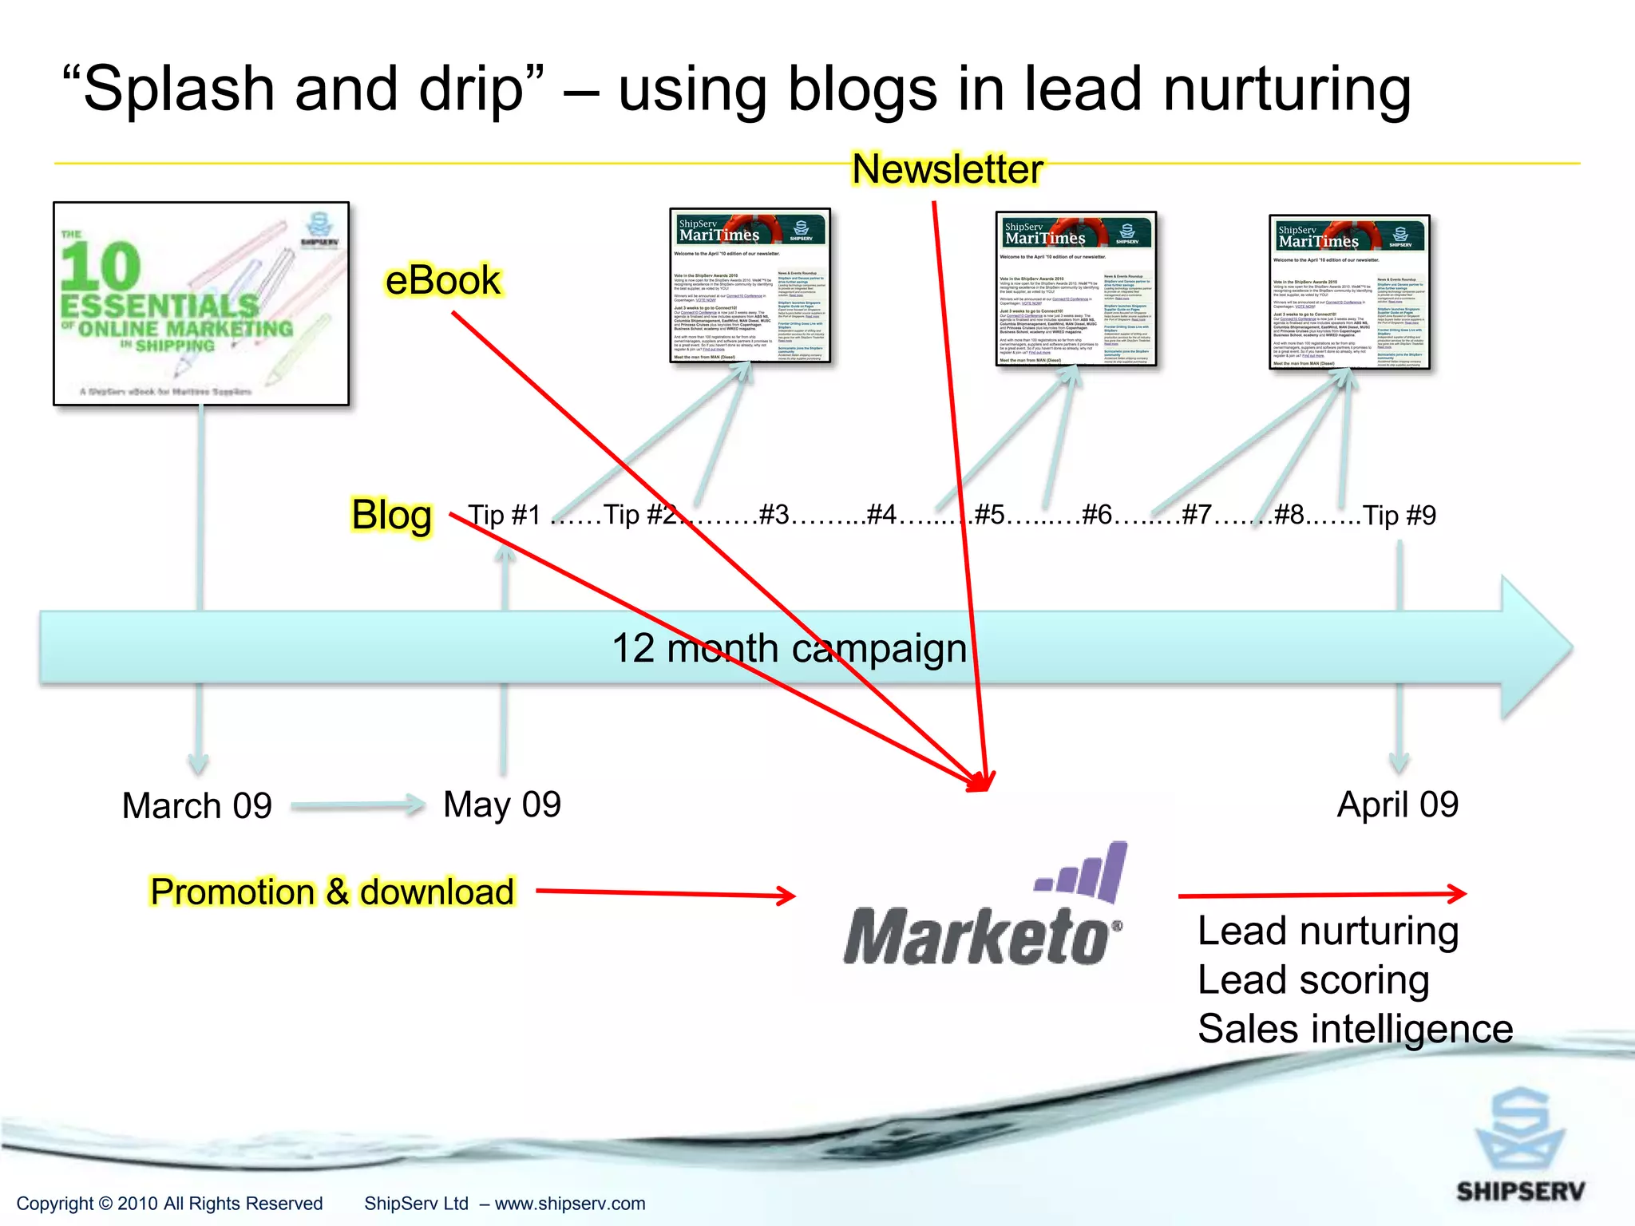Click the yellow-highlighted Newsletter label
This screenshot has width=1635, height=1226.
(947, 169)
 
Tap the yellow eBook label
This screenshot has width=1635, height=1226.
(442, 281)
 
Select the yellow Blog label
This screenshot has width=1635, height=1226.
(392, 515)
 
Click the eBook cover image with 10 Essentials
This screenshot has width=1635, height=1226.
(201, 303)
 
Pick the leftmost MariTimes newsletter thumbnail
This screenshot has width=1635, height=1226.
(750, 286)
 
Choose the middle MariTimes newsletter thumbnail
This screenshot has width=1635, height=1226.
(1075, 289)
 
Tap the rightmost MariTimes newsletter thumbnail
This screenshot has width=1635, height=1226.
(1349, 292)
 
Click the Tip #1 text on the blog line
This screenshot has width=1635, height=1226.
(505, 515)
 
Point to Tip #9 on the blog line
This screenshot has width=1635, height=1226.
(1399, 516)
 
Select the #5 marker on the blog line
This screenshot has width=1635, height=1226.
(990, 515)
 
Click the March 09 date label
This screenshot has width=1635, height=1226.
(196, 805)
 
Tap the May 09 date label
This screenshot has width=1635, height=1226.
(502, 804)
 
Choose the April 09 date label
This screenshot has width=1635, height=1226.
(1398, 804)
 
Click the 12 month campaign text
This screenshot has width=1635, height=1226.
(789, 648)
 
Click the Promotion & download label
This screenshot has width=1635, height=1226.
(332, 892)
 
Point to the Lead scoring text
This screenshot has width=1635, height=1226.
(1313, 979)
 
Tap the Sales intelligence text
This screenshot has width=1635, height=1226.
(1355, 1029)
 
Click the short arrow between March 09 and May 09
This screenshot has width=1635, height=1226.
(358, 805)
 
